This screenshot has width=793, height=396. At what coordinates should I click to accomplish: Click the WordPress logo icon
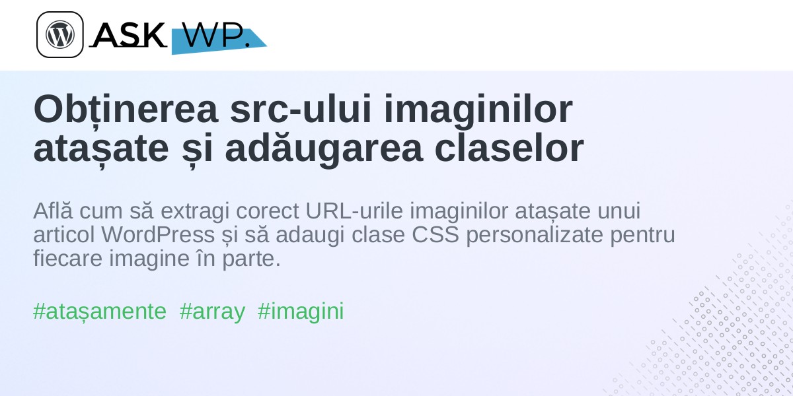tap(60, 34)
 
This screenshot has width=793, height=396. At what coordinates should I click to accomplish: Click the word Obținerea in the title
tap(126, 109)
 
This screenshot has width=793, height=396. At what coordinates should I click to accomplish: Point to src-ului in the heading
tap(301, 109)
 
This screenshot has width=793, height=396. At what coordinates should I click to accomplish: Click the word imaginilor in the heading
tap(478, 110)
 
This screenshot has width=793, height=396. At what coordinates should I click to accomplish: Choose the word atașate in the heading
tap(101, 148)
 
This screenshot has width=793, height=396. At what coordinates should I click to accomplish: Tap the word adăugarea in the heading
tap(324, 148)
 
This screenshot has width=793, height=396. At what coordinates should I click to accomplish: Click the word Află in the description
tap(53, 211)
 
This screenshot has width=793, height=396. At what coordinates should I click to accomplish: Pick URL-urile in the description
tap(354, 211)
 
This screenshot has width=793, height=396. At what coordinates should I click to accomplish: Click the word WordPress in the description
tap(158, 235)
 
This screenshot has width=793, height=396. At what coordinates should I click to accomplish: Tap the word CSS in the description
tap(435, 235)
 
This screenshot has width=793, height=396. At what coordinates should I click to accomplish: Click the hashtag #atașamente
tap(100, 312)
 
